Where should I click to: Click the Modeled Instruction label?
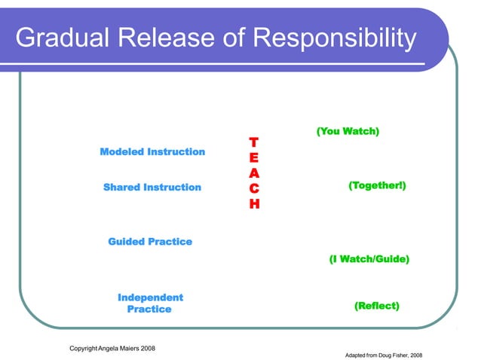tap(152, 151)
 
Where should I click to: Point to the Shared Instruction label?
tap(152, 187)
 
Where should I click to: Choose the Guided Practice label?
tap(150, 242)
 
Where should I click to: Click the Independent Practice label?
tap(150, 304)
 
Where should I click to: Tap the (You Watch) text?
tap(347, 132)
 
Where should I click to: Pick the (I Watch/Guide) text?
tap(369, 259)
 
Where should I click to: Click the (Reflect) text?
tap(376, 306)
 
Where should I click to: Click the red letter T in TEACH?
tap(253, 142)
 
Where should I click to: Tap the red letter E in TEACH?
tap(254, 158)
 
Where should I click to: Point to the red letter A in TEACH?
tap(254, 173)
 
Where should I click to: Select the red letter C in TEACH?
tap(254, 188)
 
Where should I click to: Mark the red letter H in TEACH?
tap(254, 204)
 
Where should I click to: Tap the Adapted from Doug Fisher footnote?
tap(382, 354)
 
